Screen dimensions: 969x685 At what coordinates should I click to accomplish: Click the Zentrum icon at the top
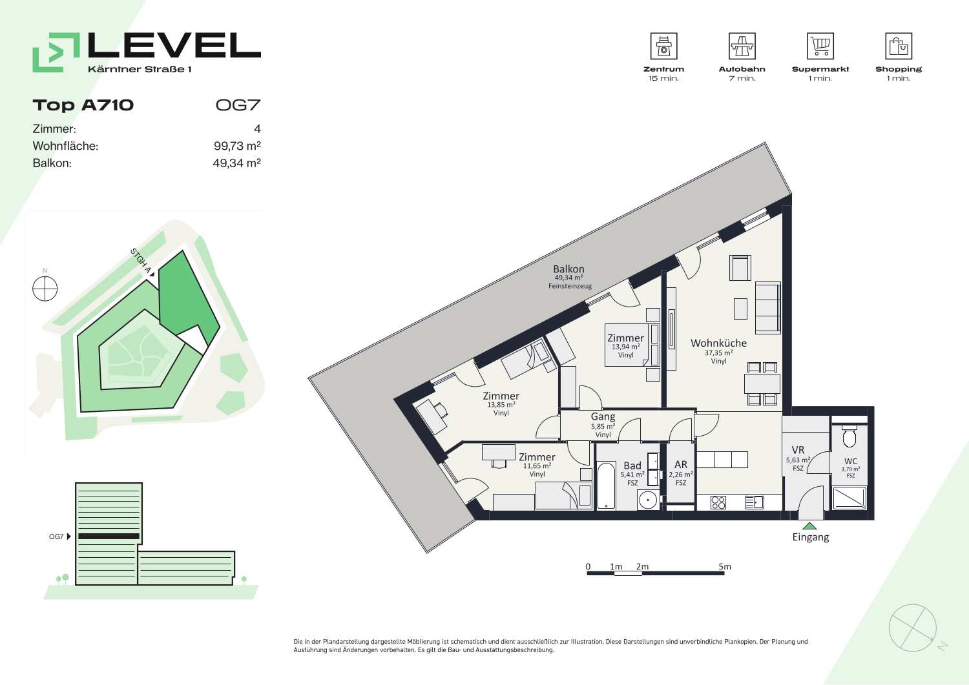(x=663, y=46)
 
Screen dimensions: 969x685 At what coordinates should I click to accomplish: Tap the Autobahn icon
(x=742, y=46)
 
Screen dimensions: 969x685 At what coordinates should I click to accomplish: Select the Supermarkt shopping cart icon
(x=820, y=46)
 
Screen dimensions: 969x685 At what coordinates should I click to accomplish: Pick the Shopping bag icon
(x=899, y=46)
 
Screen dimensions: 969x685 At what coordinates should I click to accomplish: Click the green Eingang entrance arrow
(x=809, y=526)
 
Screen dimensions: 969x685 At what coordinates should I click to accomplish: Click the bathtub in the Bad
(x=606, y=486)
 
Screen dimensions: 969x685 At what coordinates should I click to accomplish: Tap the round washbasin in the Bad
(x=648, y=500)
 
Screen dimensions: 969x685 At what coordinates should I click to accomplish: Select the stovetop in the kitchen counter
(x=718, y=502)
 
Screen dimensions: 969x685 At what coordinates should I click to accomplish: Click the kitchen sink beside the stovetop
(x=755, y=502)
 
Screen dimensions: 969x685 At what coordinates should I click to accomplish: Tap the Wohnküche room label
(x=718, y=343)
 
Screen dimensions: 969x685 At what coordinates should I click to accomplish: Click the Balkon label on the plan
(x=568, y=269)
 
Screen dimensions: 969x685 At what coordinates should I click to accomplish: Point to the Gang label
(x=603, y=417)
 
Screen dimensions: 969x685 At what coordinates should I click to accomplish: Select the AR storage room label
(x=681, y=464)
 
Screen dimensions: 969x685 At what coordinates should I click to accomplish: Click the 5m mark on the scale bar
(x=725, y=566)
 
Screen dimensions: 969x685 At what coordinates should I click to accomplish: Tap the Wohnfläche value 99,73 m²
(x=237, y=146)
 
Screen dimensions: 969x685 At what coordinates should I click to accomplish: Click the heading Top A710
(x=83, y=105)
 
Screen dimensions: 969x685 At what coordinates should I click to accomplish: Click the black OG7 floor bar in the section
(x=109, y=537)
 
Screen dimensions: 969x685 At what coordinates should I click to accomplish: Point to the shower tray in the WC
(x=849, y=497)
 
